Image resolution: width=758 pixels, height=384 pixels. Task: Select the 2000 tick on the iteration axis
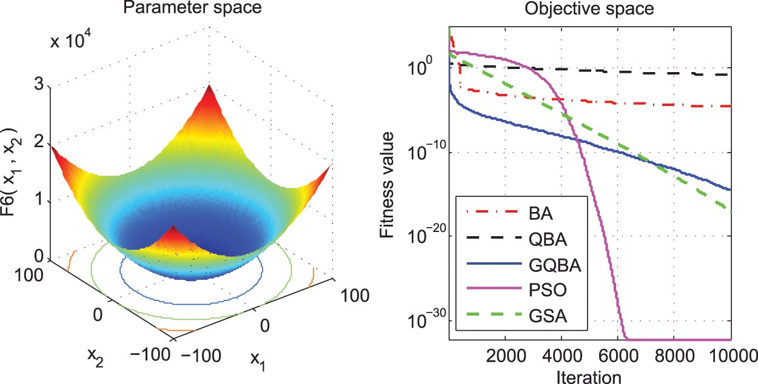[x=506, y=356]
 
